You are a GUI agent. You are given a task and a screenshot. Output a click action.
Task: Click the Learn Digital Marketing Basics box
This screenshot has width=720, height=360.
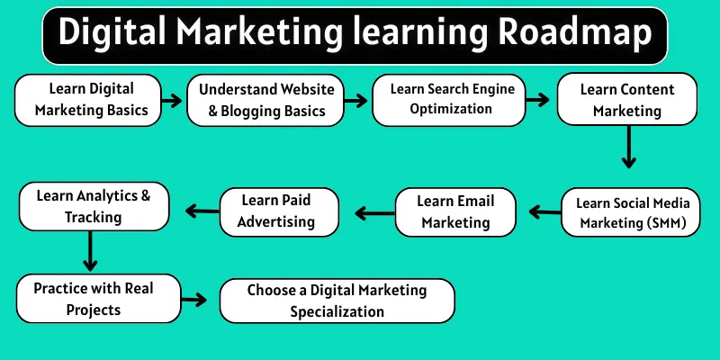[87, 100]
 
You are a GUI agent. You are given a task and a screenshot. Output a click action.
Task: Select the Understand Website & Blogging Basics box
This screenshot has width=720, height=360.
[265, 102]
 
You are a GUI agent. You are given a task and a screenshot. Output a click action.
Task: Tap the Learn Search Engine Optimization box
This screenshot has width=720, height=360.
[454, 100]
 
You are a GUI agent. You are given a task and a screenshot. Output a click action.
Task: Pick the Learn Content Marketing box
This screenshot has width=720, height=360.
[626, 100]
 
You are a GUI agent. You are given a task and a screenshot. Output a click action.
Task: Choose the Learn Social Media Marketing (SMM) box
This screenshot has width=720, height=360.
[630, 212]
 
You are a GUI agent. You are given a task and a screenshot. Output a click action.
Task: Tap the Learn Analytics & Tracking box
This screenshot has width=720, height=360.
[94, 205]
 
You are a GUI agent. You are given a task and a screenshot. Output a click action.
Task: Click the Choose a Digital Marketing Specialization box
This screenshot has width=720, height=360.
[337, 301]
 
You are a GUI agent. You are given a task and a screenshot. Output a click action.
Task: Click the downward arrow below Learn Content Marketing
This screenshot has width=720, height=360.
[629, 147]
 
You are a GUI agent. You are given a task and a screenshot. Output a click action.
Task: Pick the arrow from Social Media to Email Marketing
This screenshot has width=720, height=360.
[545, 211]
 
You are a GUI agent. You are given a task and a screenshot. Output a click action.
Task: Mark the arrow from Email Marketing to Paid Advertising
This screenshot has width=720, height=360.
[372, 212]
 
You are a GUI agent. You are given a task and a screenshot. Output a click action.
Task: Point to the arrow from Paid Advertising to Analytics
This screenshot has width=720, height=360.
[202, 211]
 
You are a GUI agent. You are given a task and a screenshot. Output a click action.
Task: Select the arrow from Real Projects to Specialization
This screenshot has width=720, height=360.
[193, 301]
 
